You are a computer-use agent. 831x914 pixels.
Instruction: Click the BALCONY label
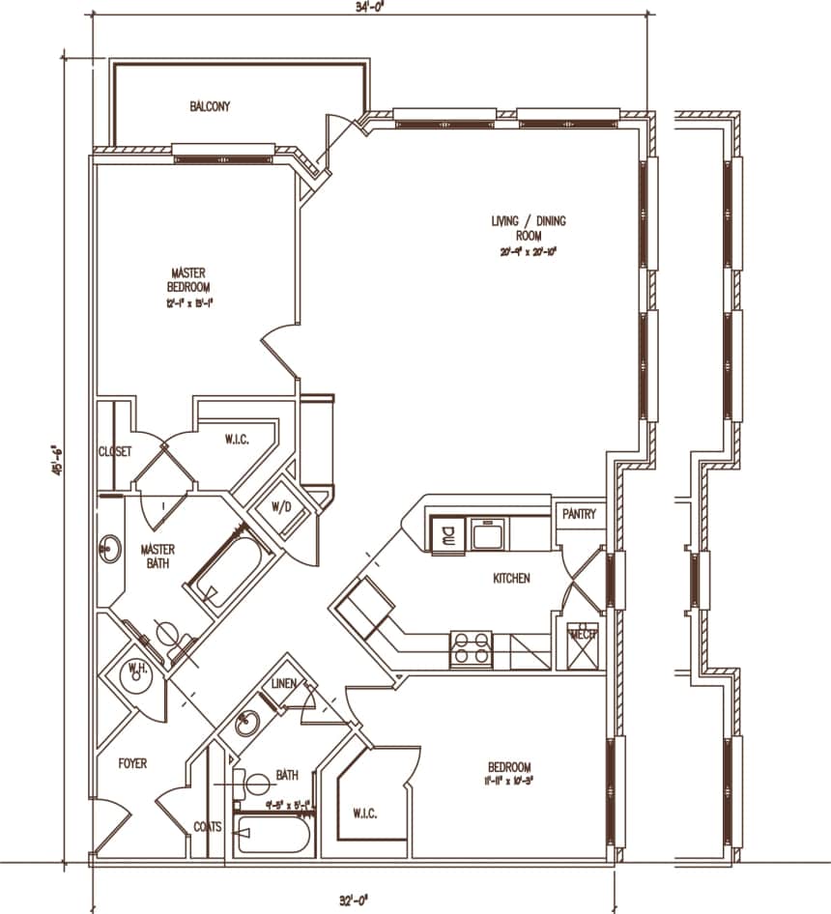point(210,106)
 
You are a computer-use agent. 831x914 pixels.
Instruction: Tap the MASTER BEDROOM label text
point(189,280)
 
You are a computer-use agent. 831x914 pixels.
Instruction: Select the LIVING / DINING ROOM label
point(528,228)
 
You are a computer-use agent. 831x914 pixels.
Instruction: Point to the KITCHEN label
point(511,579)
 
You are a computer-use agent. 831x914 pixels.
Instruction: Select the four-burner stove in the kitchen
point(472,648)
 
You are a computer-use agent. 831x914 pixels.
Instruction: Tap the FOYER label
point(132,763)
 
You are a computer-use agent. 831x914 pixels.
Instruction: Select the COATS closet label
point(208,827)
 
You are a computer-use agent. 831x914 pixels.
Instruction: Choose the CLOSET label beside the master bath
point(115,452)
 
